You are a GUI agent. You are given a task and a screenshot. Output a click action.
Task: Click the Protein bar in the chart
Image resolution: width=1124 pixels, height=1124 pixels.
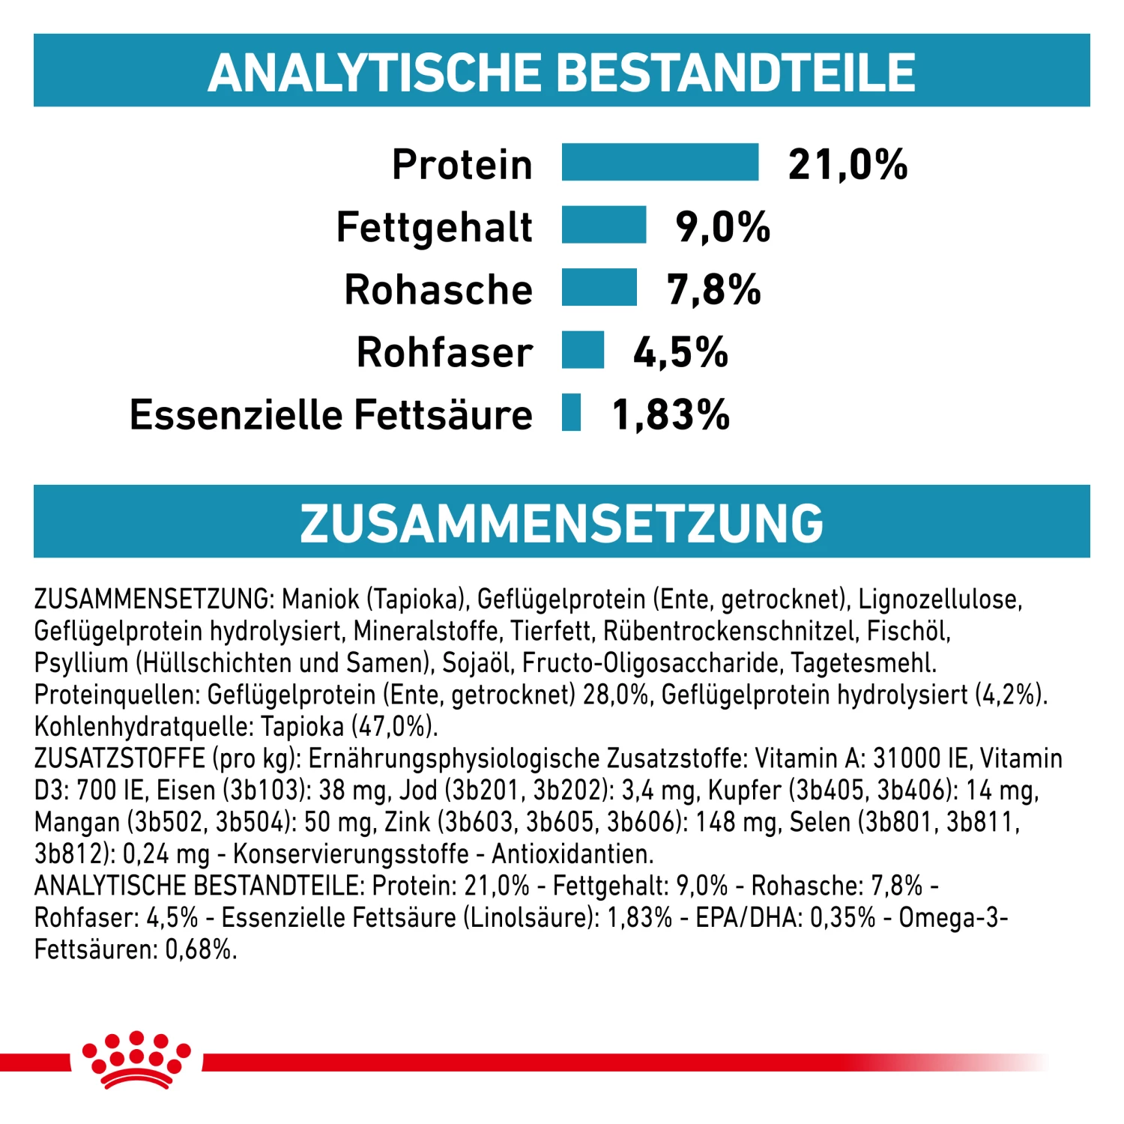(x=659, y=162)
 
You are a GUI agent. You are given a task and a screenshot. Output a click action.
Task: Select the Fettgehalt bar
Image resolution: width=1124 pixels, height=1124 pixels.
(x=603, y=225)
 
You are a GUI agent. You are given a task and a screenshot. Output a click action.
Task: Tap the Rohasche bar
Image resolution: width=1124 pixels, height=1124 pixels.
(x=599, y=288)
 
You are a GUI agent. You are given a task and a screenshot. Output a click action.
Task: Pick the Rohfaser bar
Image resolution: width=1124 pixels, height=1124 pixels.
(x=582, y=350)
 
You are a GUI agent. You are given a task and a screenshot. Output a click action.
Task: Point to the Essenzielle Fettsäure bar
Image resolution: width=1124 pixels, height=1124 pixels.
(x=571, y=412)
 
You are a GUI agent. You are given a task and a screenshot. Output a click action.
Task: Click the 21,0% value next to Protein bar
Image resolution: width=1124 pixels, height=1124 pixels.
(x=847, y=164)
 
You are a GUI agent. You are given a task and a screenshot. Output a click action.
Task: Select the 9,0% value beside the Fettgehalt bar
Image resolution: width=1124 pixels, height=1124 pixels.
(x=722, y=226)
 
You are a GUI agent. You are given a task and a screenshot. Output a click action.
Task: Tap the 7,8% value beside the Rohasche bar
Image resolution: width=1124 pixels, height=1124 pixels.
(x=713, y=289)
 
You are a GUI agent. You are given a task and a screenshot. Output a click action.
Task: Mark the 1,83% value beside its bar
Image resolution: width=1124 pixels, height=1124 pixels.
(x=671, y=414)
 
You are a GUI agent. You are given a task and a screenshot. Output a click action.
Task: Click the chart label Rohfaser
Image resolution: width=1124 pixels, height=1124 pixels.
(x=444, y=352)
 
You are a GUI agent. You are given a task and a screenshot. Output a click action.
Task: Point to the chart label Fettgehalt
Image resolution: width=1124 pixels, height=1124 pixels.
(x=434, y=227)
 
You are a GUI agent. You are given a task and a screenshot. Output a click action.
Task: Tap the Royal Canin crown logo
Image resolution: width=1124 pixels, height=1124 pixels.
(x=136, y=1059)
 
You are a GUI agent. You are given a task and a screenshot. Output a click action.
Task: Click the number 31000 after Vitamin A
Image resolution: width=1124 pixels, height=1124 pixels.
(x=907, y=758)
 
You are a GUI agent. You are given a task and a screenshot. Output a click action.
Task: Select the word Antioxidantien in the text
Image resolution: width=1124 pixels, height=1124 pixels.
(x=572, y=853)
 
